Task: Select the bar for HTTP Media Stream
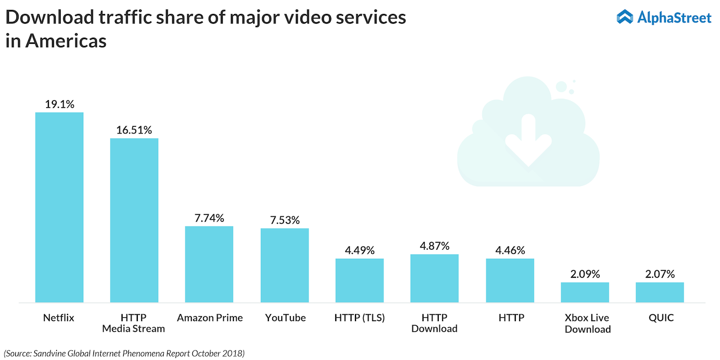coord(134,220)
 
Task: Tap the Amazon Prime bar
coord(209,264)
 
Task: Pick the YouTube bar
coord(284,265)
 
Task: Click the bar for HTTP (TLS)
coord(359,280)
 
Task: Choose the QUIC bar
coord(659,292)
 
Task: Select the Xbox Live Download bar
coord(584,292)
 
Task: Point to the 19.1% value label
coord(59,104)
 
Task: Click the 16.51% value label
coord(134,130)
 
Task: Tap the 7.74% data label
coord(209,218)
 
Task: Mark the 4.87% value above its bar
coord(434,246)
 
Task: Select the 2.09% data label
coord(584,274)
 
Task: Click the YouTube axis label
coord(285,318)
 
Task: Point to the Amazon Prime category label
coord(210,318)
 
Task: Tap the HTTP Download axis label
coord(434,323)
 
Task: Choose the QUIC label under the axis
coord(659,318)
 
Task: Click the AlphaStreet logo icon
coord(625,17)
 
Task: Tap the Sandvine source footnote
coord(124,353)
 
